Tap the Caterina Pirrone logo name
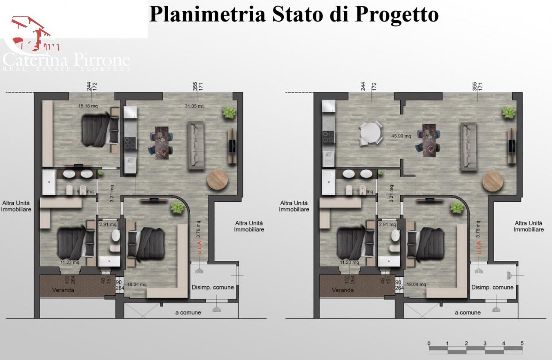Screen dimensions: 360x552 click(66, 60)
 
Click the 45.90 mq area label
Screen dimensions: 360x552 click(401, 135)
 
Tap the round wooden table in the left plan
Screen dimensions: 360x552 click(218, 181)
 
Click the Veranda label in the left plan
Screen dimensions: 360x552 click(63, 290)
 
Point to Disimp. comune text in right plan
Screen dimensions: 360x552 click(492, 288)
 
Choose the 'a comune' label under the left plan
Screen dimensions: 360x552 click(188, 313)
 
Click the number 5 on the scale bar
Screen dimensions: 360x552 click(522, 343)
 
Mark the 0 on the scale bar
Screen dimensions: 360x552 click(429, 343)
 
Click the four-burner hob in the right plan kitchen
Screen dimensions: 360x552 click(328, 137)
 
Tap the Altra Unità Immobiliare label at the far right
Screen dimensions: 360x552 click(529, 226)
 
